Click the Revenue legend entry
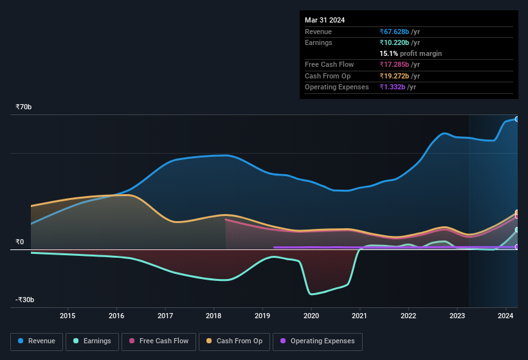[37, 341]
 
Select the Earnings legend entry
[91, 341]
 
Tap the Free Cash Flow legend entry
[159, 341]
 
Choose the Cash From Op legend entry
[233, 341]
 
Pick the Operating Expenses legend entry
[317, 341]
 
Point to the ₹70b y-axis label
[24, 107]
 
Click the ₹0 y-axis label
[20, 242]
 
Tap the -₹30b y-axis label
[25, 300]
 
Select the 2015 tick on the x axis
[68, 316]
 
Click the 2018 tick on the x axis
[214, 316]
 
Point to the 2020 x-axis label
[311, 316]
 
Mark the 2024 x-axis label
[505, 316]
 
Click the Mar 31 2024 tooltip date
[325, 20]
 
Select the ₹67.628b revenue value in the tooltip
[399, 32]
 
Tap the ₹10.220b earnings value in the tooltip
[399, 42]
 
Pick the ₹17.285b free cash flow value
[399, 64]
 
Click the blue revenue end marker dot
[517, 119]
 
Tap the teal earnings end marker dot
[517, 230]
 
